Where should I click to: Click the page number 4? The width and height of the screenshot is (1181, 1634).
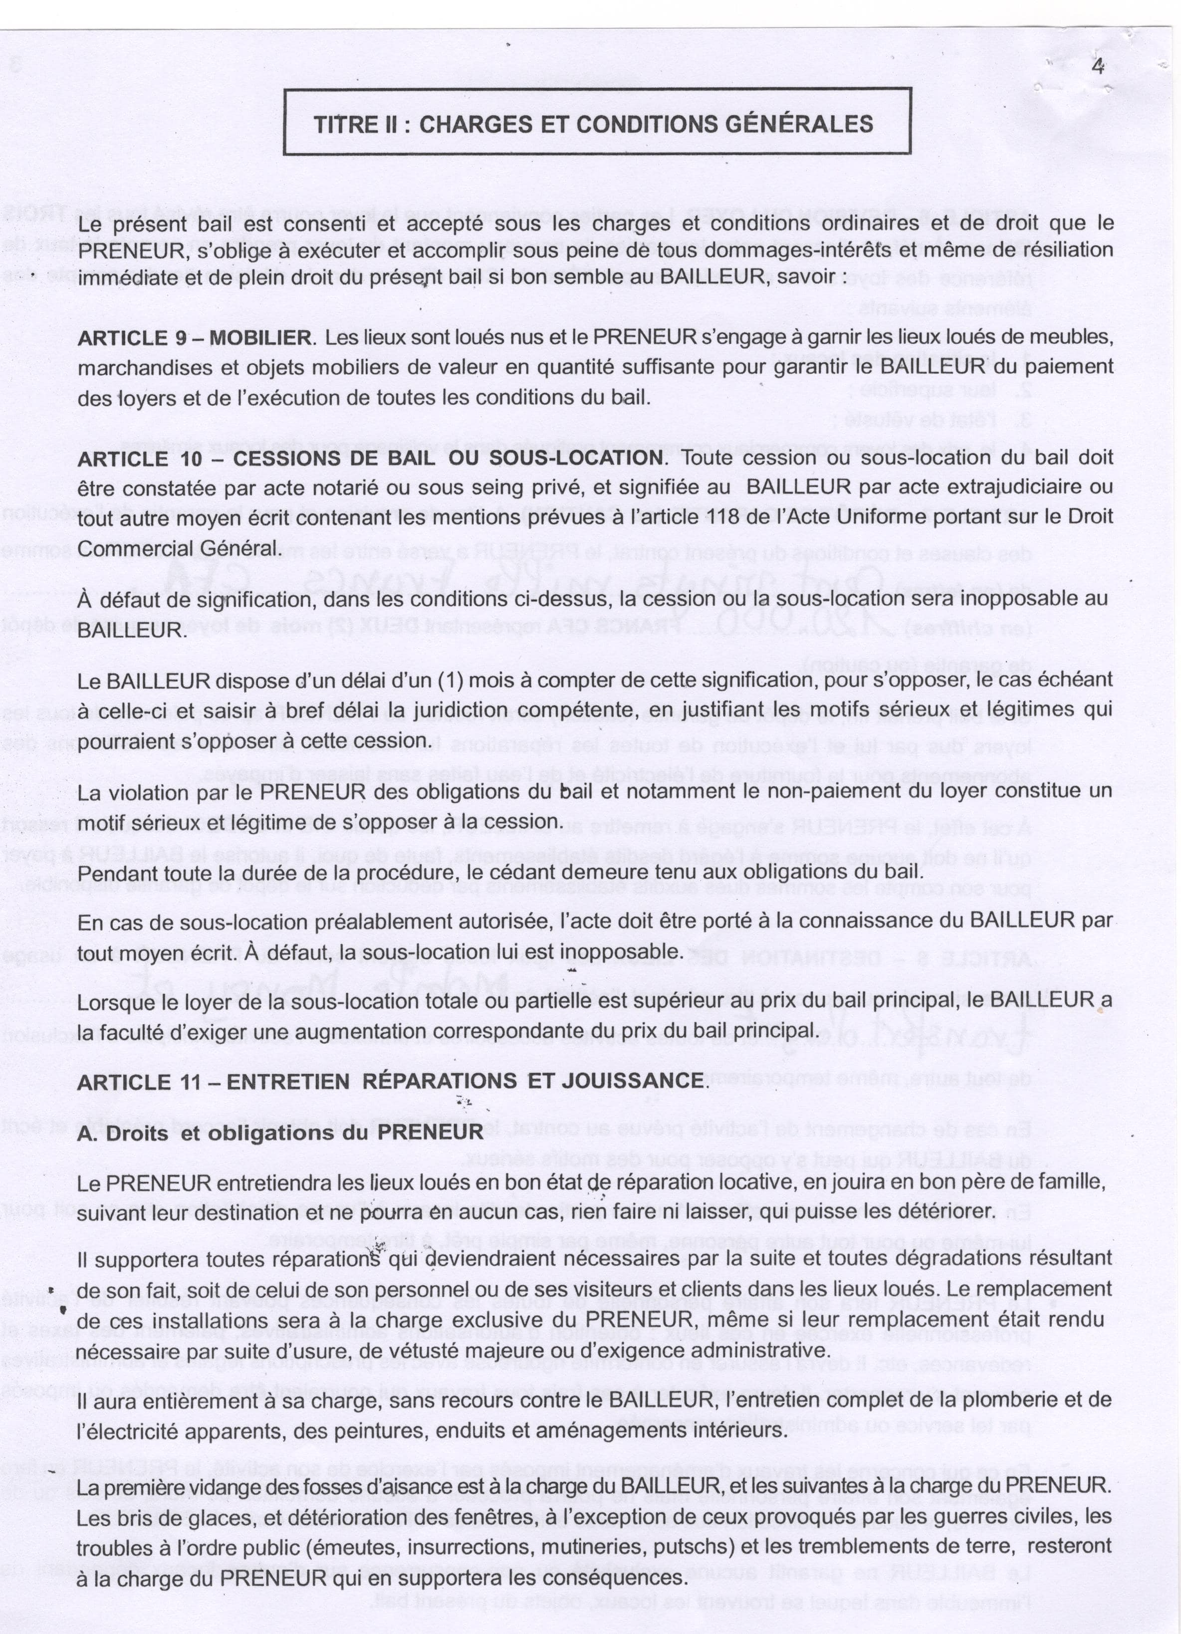click(x=1098, y=66)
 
